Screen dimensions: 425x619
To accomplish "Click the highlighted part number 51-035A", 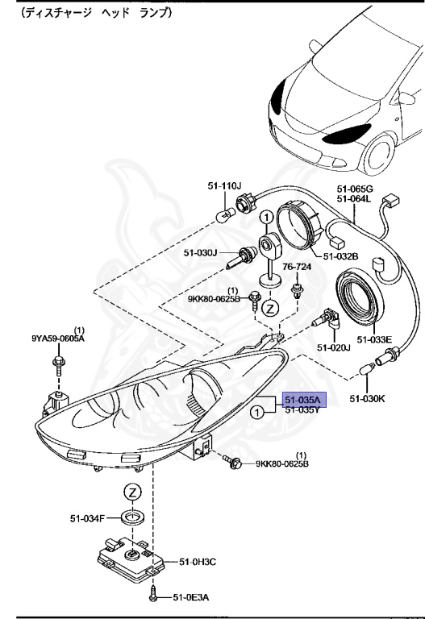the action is click(x=304, y=400).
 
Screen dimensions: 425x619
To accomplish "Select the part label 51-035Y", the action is click(x=302, y=409).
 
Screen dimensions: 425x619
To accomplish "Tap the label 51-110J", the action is click(x=224, y=185).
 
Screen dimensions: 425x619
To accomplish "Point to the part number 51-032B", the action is click(x=341, y=256).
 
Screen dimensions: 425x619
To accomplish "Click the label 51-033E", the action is click(x=374, y=339).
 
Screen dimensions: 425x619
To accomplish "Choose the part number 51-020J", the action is click(x=334, y=347).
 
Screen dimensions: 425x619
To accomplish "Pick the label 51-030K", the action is click(x=367, y=398).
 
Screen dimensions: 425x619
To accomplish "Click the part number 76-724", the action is click(x=297, y=267).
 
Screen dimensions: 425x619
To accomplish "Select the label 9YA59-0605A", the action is click(x=58, y=339).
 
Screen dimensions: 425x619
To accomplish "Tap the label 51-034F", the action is click(x=87, y=518).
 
